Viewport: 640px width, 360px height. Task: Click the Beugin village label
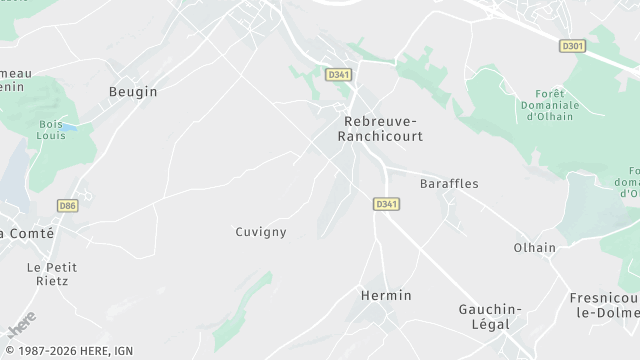(x=133, y=91)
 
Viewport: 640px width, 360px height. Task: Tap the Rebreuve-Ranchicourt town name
(x=383, y=128)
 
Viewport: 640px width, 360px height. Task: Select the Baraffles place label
(x=449, y=184)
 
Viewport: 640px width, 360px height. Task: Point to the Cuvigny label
(x=260, y=232)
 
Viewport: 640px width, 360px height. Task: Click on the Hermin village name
(x=385, y=295)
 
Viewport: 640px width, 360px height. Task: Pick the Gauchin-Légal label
(x=484, y=317)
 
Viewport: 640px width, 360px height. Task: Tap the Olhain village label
(x=534, y=248)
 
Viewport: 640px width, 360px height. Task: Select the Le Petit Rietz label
(x=52, y=274)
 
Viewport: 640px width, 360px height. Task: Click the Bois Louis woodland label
(x=51, y=129)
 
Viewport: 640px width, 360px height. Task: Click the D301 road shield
(x=572, y=46)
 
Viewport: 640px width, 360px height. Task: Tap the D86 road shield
(x=67, y=206)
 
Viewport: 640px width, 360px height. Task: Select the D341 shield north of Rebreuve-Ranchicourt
(x=337, y=74)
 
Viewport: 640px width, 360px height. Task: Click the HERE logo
(x=21, y=324)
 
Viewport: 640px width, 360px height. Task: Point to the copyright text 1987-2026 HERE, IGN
(x=67, y=351)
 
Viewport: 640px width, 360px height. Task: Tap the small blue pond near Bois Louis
(x=69, y=129)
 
